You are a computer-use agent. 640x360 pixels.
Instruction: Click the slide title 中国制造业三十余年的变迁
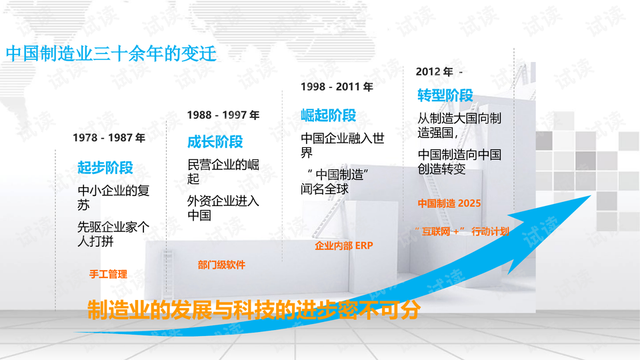(111, 53)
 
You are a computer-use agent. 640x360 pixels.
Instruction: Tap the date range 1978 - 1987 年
(109, 138)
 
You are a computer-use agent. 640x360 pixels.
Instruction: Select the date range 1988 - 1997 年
(223, 115)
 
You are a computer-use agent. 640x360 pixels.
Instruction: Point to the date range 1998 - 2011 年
(337, 87)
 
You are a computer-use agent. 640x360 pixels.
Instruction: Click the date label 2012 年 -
(439, 72)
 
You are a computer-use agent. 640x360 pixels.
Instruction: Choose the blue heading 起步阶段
(105, 168)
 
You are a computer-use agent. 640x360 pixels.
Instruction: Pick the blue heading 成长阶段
(215, 142)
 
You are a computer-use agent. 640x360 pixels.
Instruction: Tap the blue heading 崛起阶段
(329, 115)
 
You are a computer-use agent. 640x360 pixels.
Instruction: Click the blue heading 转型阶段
(445, 95)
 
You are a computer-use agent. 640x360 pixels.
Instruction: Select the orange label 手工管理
(108, 274)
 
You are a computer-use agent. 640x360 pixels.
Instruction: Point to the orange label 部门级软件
(221, 265)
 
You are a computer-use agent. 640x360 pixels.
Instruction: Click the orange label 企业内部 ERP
(344, 246)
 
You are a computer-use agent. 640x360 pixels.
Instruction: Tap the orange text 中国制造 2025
(449, 203)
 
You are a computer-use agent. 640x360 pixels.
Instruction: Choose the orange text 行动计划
(490, 232)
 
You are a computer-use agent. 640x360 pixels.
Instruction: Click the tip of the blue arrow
(591, 195)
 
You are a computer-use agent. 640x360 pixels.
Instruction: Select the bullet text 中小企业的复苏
(113, 197)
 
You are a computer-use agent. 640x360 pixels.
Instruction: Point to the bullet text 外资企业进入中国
(223, 208)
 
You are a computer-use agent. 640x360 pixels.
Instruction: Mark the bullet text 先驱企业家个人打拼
(113, 234)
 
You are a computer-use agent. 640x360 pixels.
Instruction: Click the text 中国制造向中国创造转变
(459, 161)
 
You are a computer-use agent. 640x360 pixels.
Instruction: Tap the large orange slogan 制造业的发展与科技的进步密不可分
(253, 310)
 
